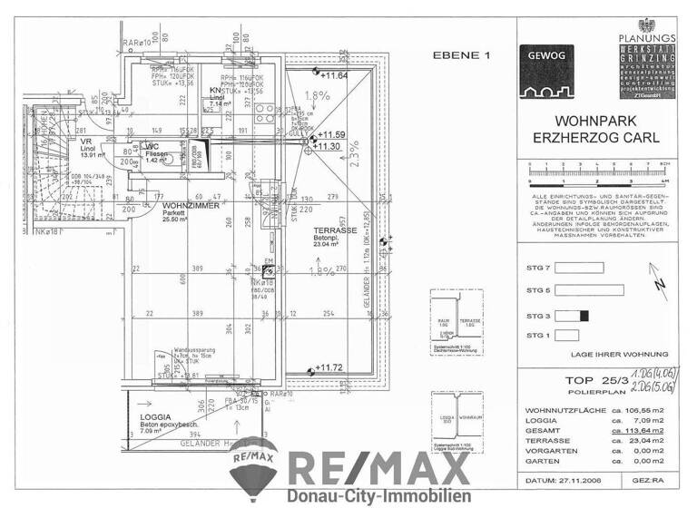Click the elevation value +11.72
[332, 368]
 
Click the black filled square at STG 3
[584, 316]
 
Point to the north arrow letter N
[661, 288]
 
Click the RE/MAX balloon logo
[254, 462]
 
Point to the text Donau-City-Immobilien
[378, 495]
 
